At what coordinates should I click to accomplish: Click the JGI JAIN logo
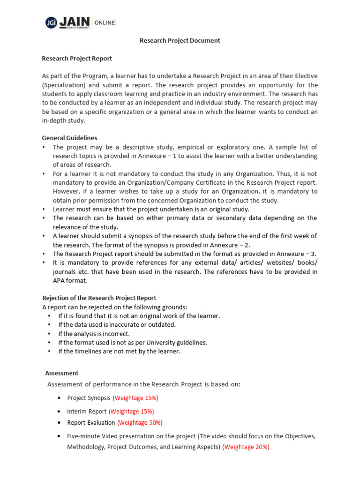tap(68, 22)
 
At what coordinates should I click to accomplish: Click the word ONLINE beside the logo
tap(105, 22)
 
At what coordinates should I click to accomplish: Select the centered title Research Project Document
tap(180, 41)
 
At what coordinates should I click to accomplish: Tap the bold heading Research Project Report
tap(77, 59)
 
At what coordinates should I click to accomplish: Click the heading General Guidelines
tap(69, 138)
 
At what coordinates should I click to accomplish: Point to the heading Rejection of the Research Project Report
tap(99, 298)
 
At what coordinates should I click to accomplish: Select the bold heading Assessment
tap(61, 373)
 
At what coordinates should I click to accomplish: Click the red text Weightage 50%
tap(140, 422)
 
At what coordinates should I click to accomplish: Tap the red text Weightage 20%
tap(246, 447)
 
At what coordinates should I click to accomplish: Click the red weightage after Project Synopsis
tap(135, 398)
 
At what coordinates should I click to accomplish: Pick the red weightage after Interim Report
tap(131, 412)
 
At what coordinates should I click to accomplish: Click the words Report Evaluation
tap(91, 422)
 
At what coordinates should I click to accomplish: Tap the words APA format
tap(70, 280)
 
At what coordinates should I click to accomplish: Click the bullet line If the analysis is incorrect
tap(94, 334)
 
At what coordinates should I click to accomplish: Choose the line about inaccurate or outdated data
tap(117, 325)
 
